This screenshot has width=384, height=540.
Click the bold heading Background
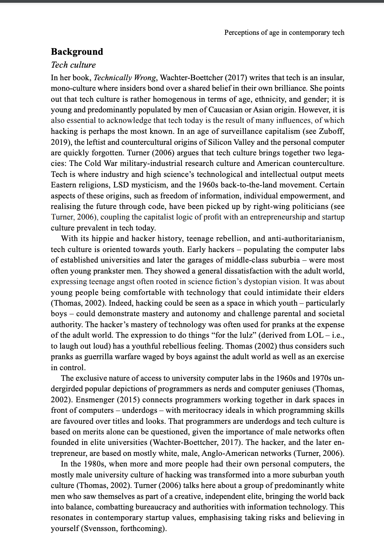[x=77, y=52]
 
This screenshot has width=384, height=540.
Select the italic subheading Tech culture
[x=73, y=65]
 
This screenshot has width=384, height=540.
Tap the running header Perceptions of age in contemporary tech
[x=284, y=32]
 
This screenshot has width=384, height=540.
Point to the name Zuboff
[x=331, y=131]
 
